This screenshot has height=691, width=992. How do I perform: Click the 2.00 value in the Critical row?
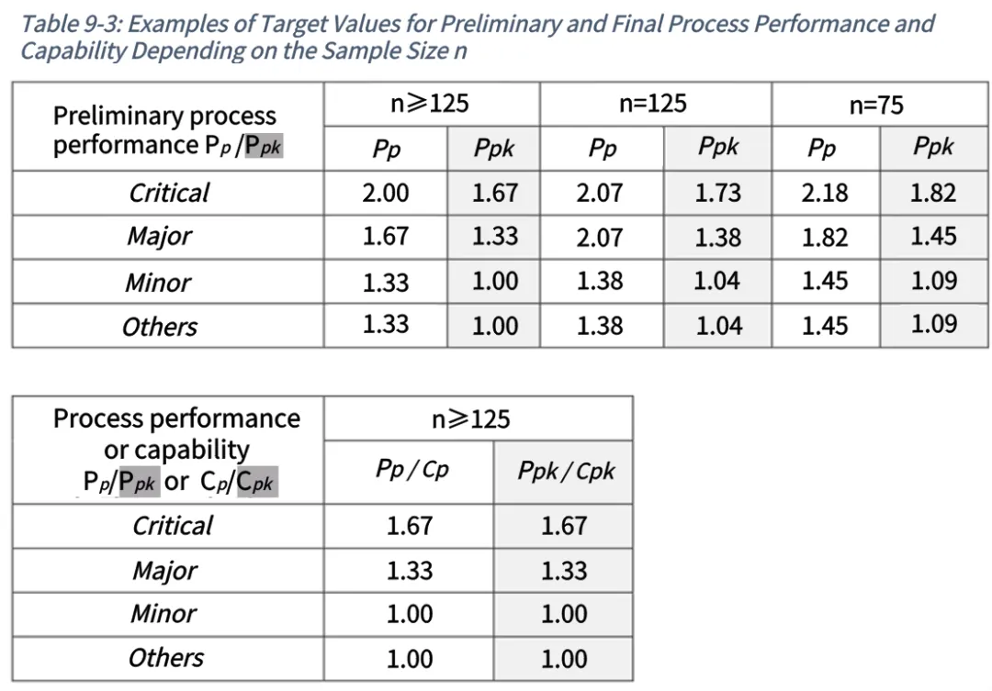coord(385,193)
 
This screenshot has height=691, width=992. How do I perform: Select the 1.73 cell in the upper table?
coord(717,193)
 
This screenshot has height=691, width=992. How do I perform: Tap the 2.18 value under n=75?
coord(824,193)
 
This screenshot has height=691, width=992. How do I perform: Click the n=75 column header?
coord(876,105)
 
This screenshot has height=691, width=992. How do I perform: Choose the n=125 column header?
coord(652,104)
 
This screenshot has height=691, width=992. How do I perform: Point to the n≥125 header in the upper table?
coord(430,104)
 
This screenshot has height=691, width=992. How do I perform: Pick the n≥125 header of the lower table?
coord(470,419)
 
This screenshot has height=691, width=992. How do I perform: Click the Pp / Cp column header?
coord(411,469)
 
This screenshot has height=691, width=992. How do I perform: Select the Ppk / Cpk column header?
coord(566,471)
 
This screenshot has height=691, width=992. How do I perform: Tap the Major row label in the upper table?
coord(159,237)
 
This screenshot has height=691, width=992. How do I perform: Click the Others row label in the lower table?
coord(165,657)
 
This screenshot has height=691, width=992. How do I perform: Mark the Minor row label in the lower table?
coord(163,613)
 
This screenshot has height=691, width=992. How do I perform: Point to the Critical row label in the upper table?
coord(169,193)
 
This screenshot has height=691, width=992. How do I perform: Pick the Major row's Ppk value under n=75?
coord(933,237)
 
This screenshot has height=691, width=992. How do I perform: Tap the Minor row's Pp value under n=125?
coord(599,281)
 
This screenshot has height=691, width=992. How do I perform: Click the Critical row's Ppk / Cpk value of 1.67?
coord(564,526)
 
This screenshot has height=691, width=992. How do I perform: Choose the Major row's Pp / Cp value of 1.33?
coord(410,571)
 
